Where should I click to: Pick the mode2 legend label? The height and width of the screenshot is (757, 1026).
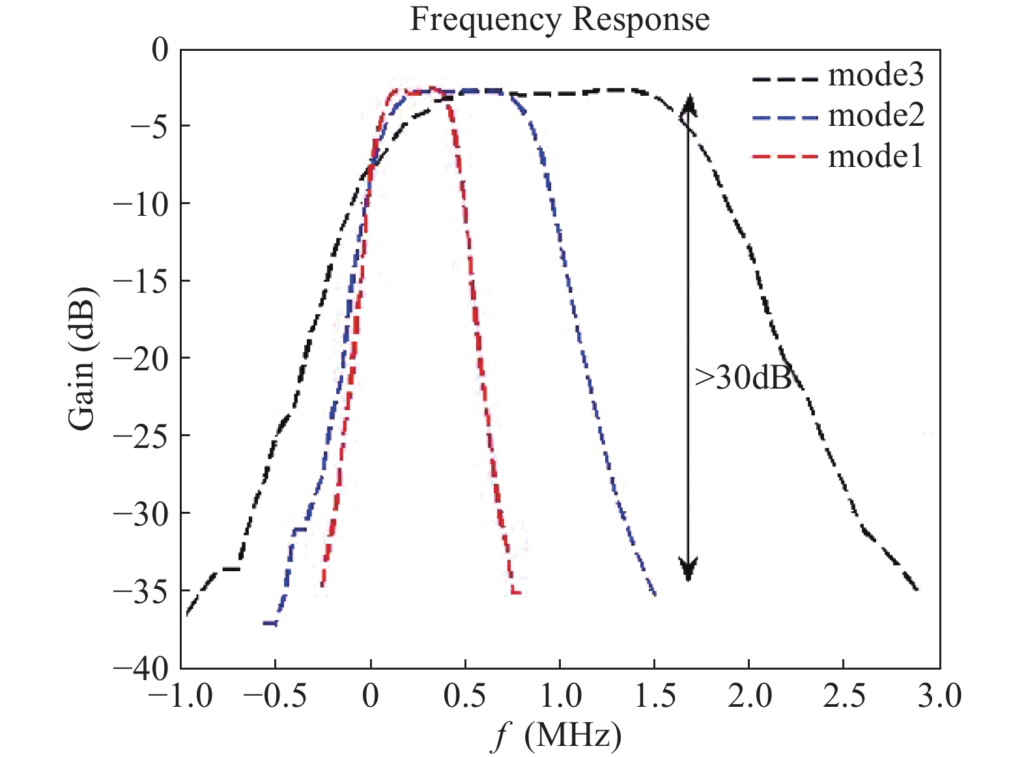pyautogui.click(x=875, y=115)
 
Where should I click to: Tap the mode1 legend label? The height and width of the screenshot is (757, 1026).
pyautogui.click(x=875, y=156)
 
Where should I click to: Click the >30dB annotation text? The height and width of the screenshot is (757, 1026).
pyautogui.click(x=743, y=378)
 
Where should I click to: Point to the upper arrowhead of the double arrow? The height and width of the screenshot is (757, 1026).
pyautogui.click(x=689, y=104)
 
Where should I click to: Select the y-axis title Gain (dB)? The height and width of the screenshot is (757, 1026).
pyautogui.click(x=82, y=358)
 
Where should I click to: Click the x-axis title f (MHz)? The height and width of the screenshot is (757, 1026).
pyautogui.click(x=556, y=735)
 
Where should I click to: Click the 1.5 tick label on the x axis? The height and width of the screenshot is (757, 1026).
pyautogui.click(x=654, y=696)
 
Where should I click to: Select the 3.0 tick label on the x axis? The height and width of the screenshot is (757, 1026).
pyautogui.click(x=939, y=696)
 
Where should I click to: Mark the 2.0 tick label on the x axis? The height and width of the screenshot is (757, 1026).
pyautogui.click(x=749, y=696)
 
